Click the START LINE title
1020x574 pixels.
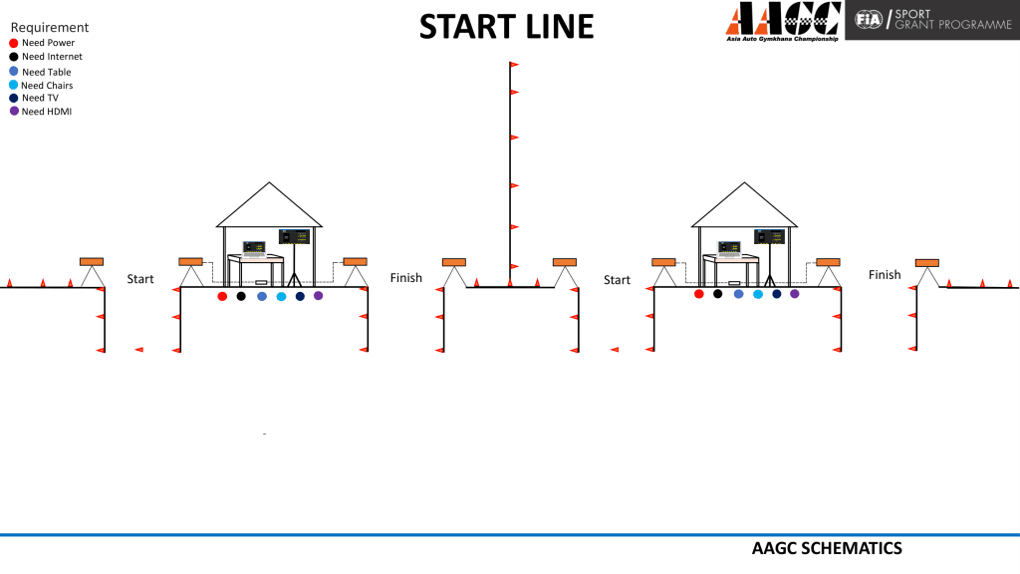[x=506, y=27]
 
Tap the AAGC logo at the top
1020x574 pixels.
[x=783, y=22]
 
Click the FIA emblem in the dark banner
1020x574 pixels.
[x=869, y=20]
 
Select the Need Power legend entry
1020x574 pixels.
[x=42, y=43]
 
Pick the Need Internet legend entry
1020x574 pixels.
[x=46, y=57]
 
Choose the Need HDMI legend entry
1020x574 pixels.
[x=40, y=112]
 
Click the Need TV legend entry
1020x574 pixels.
[x=34, y=98]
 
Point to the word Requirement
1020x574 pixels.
[x=50, y=27]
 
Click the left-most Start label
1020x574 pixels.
[x=139, y=279]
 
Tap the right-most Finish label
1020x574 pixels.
[x=885, y=275]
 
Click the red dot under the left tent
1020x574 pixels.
[x=222, y=296]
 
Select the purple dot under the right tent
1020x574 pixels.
[x=794, y=294]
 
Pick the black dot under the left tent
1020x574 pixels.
[x=241, y=296]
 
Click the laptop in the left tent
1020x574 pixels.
[x=254, y=249]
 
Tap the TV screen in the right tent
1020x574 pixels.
[x=769, y=236]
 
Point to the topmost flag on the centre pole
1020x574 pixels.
[x=514, y=65]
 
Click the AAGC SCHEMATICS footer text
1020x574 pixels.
[x=827, y=549]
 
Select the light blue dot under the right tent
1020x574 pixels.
[x=758, y=294]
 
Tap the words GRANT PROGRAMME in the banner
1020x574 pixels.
[x=953, y=25]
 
